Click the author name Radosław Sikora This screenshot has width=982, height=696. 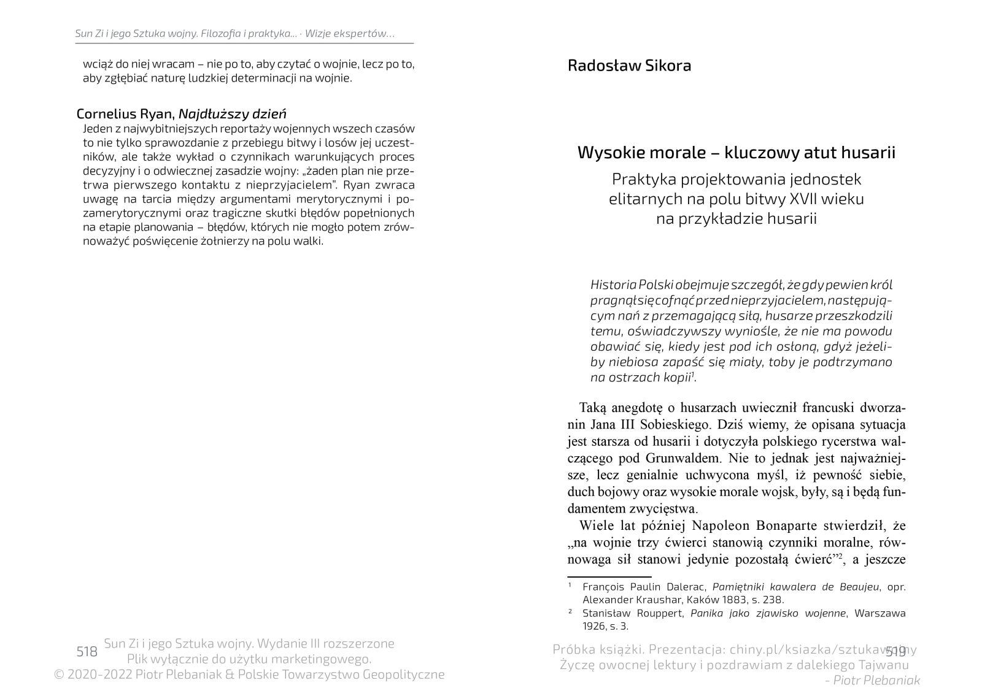coord(629,66)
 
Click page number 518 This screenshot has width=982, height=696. coord(87,651)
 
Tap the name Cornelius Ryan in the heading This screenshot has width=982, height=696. coord(126,114)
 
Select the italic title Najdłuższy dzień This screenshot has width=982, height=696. coord(233,114)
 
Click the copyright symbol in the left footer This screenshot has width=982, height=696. coord(60,675)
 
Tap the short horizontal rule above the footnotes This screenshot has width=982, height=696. coord(609,576)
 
